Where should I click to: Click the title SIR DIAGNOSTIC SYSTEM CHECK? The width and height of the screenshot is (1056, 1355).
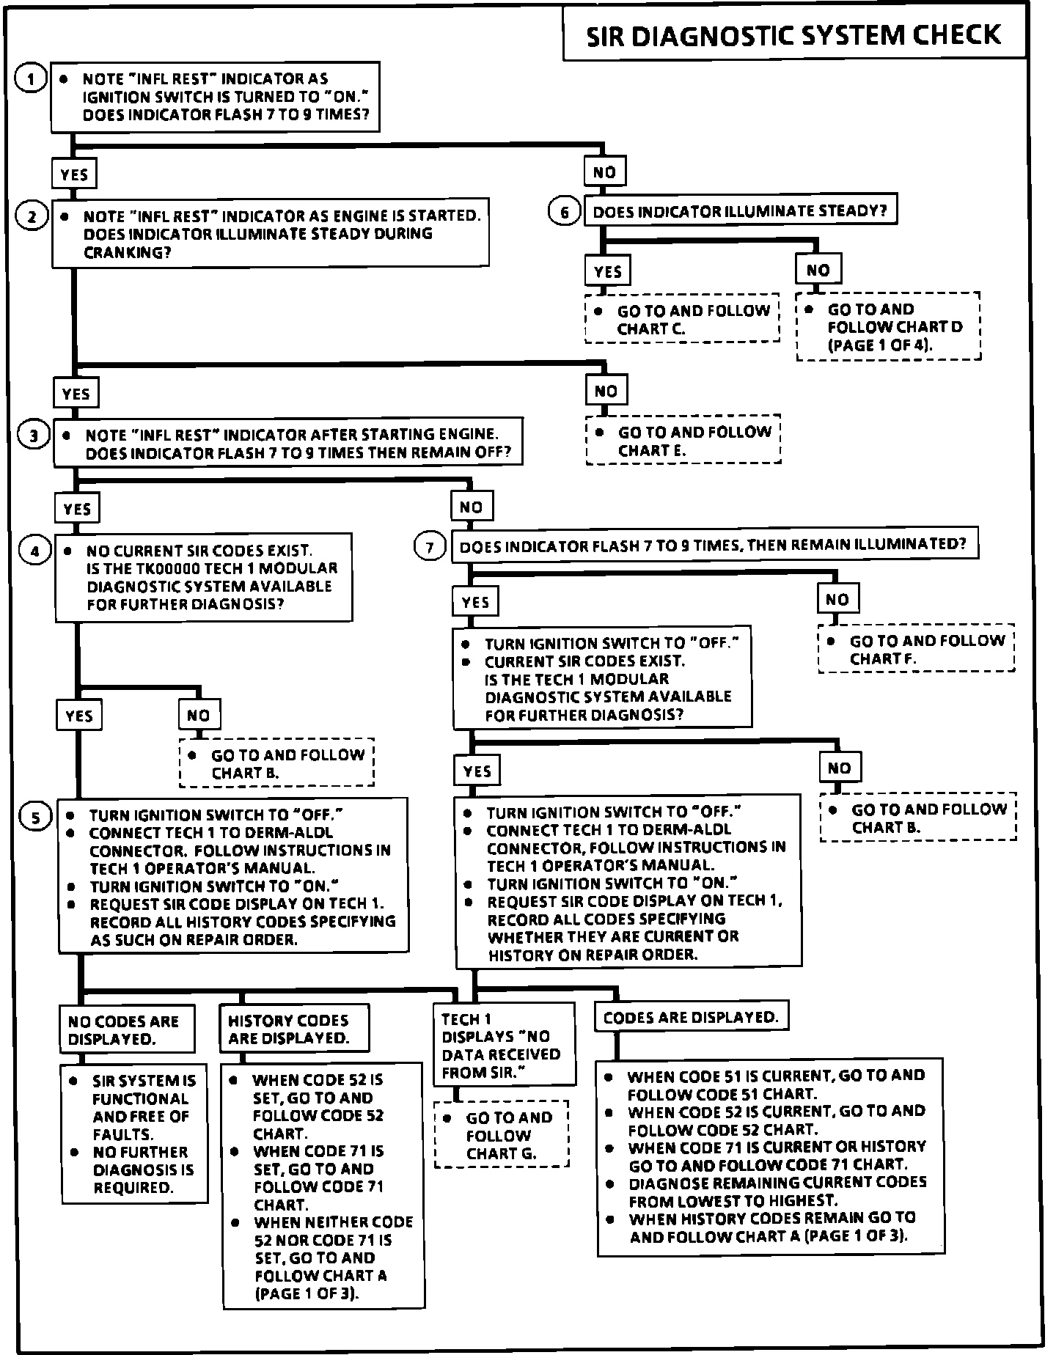tap(793, 34)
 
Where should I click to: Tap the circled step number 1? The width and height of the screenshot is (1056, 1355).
tap(31, 78)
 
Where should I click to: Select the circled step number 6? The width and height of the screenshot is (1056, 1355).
tap(564, 213)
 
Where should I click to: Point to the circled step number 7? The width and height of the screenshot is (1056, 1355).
tap(430, 547)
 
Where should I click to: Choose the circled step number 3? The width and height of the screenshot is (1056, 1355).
tap(34, 436)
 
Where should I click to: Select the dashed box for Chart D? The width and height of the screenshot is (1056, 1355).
tap(888, 326)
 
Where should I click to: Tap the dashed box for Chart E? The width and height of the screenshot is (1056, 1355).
tap(683, 441)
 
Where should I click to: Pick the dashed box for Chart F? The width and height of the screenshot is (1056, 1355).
tap(916, 649)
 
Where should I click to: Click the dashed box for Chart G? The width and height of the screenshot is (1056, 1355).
tap(502, 1134)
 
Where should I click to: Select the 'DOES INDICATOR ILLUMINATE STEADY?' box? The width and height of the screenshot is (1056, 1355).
tap(740, 212)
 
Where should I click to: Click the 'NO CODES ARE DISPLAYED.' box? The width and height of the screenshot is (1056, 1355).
tap(127, 1029)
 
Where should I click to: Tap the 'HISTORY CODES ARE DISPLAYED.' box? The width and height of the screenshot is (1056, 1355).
tap(294, 1029)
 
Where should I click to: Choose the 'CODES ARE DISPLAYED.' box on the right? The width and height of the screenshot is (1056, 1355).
tap(691, 1017)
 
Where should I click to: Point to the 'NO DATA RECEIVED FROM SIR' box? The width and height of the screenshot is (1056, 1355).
tap(503, 1045)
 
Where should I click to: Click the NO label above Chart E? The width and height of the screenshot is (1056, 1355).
tap(606, 391)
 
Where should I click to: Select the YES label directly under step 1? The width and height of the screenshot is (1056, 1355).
tap(74, 175)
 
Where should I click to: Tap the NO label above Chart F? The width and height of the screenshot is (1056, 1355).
tap(837, 599)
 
